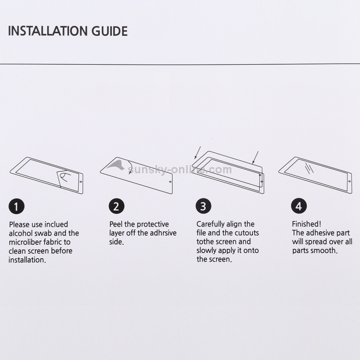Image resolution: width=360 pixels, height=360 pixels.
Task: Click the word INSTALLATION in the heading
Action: click(48, 31)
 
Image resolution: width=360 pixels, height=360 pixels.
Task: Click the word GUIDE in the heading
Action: click(109, 31)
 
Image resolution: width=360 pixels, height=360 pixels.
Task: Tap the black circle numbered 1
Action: click(16, 206)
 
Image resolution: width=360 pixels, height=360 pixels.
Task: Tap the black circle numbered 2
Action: click(117, 206)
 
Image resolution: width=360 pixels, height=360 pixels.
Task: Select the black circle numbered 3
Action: click(204, 206)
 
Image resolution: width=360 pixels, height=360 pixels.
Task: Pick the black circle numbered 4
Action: click(299, 206)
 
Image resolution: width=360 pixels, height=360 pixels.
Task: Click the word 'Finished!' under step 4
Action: click(307, 224)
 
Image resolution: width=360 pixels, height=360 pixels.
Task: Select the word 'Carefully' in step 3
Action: click(211, 224)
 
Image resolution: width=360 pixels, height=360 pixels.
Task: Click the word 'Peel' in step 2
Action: click(116, 224)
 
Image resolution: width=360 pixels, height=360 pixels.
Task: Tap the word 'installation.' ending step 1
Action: click(27, 260)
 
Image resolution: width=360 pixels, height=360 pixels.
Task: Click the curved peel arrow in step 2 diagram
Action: click(131, 167)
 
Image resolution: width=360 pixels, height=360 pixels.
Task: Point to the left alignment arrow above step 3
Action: click(197, 153)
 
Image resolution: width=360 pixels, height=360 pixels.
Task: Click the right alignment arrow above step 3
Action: click(255, 157)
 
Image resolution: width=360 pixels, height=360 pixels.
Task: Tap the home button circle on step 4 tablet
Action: click(349, 181)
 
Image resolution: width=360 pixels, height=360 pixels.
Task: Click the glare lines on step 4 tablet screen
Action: click(309, 168)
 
